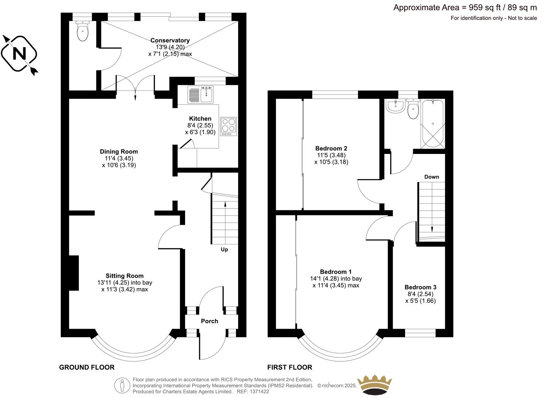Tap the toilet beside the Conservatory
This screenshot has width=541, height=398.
coord(83,31)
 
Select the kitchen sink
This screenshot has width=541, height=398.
coord(200,94)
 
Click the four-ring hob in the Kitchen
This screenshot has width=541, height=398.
coord(228,126)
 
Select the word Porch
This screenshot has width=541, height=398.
coord(209,321)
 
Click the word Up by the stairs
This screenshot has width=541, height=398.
coord(224,249)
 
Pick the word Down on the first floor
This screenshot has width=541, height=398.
coord(432,177)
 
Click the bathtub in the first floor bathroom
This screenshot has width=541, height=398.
coord(432,124)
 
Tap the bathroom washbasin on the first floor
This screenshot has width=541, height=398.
coord(395,106)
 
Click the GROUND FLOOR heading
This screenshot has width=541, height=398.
coord(87,367)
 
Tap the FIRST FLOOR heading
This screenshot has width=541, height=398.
coord(289,367)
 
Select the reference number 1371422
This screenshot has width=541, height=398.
coord(259,392)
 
